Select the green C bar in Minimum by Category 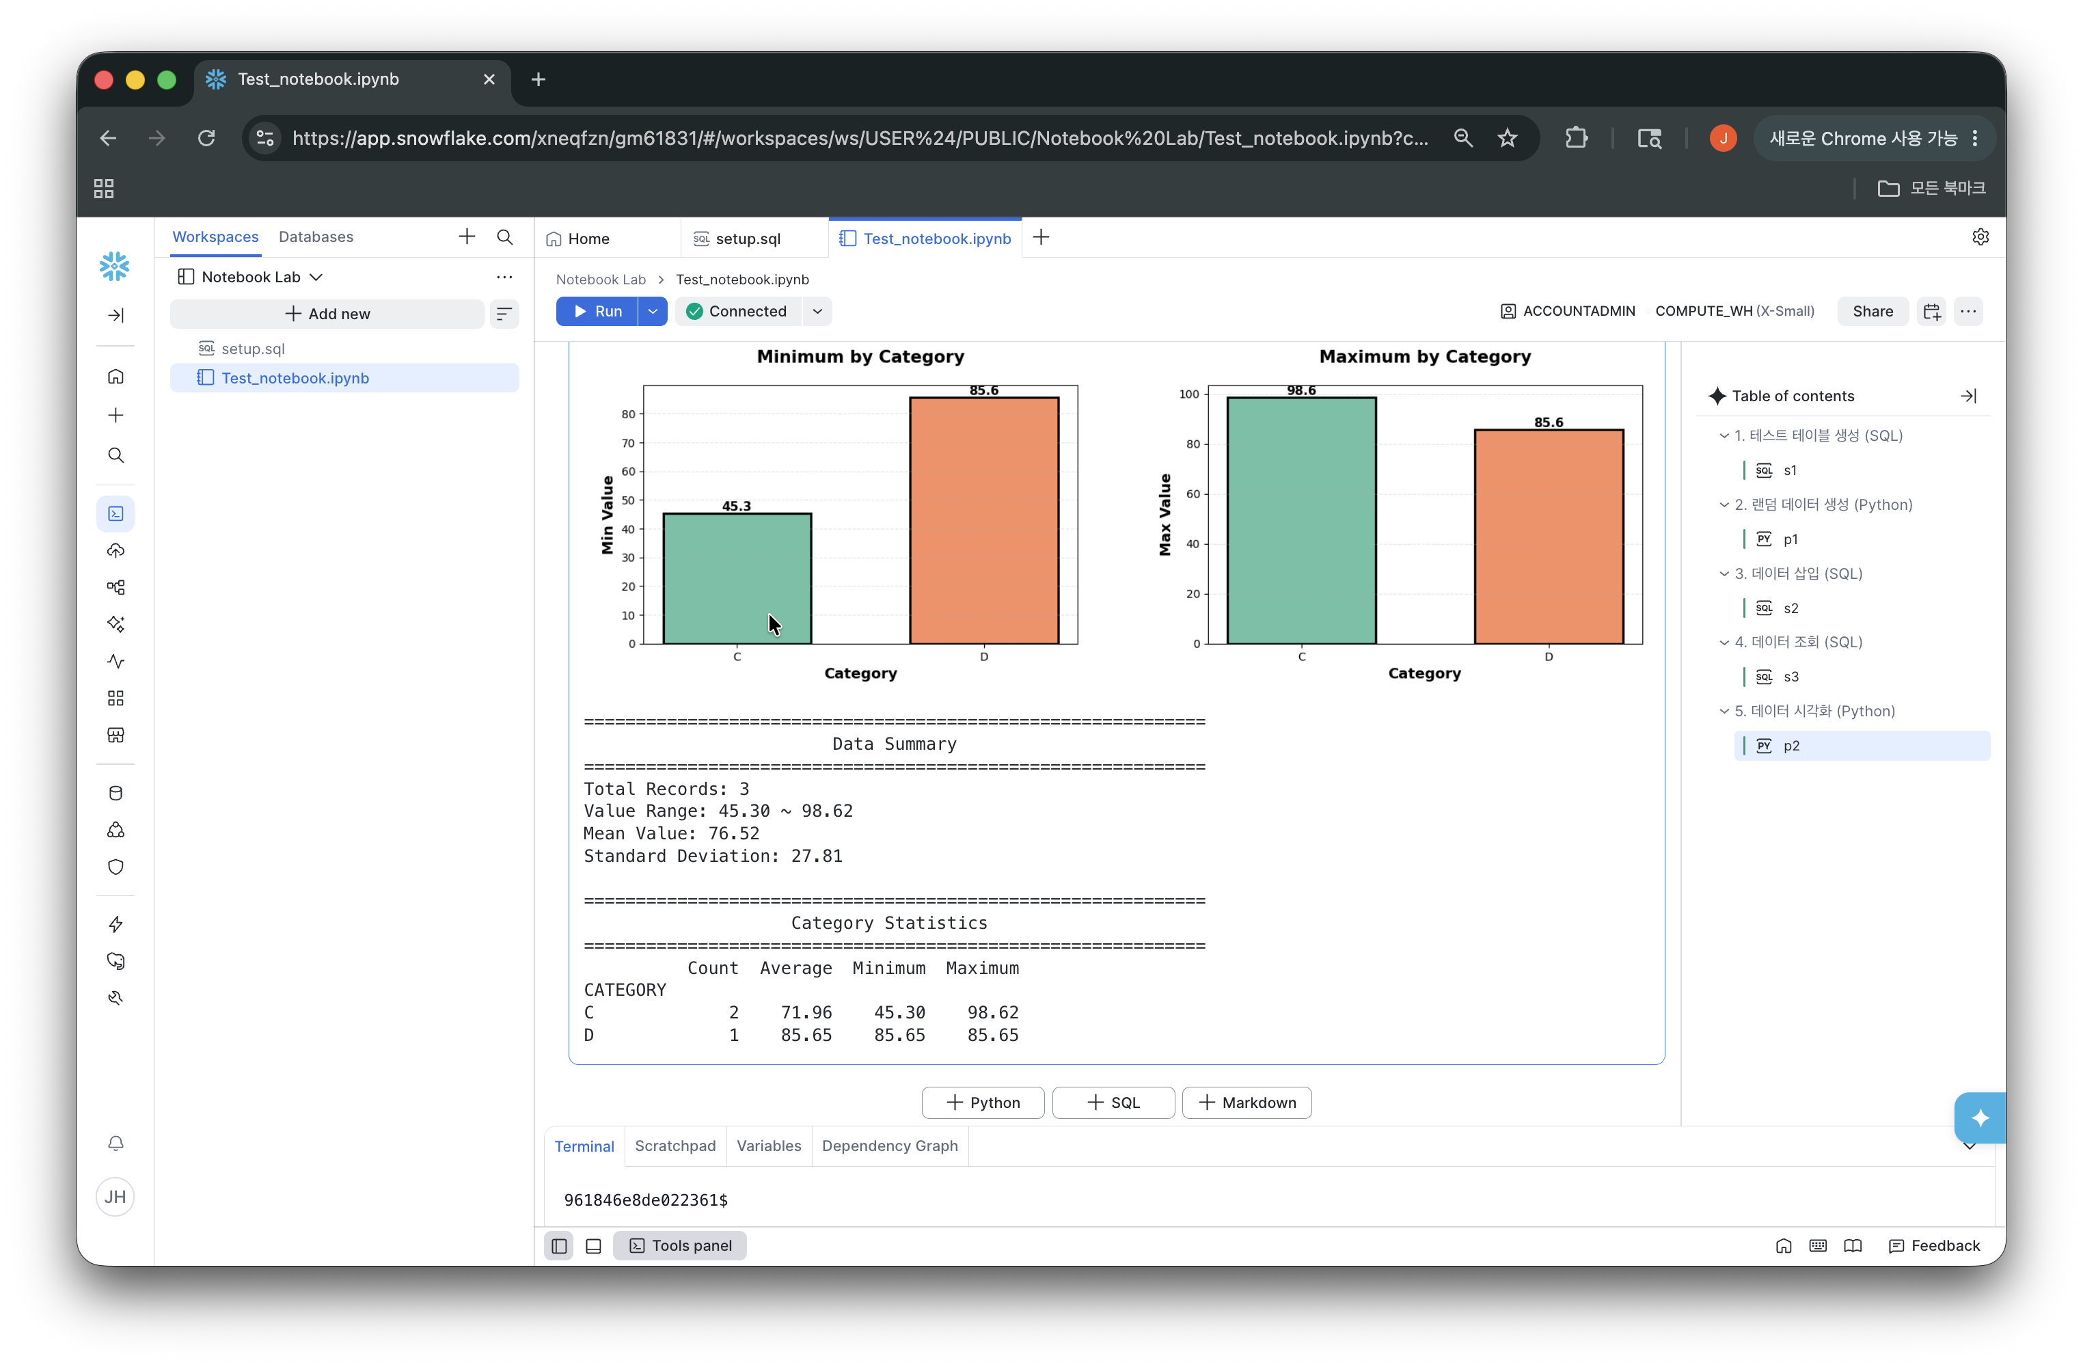(x=737, y=578)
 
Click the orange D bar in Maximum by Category (x=1549, y=537)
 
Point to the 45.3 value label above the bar (x=736, y=506)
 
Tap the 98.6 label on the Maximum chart (x=1301, y=390)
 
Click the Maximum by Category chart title (x=1425, y=356)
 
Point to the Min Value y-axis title (x=608, y=515)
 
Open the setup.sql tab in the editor (x=748, y=238)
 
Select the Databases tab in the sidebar (x=316, y=236)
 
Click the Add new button (x=327, y=313)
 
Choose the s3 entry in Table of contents (x=1791, y=677)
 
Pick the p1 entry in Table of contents (x=1791, y=539)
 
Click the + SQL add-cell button (x=1113, y=1102)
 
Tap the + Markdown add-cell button (x=1247, y=1102)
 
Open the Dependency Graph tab (x=889, y=1146)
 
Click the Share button (x=1872, y=312)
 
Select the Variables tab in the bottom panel (x=768, y=1146)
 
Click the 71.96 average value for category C (x=806, y=1012)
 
